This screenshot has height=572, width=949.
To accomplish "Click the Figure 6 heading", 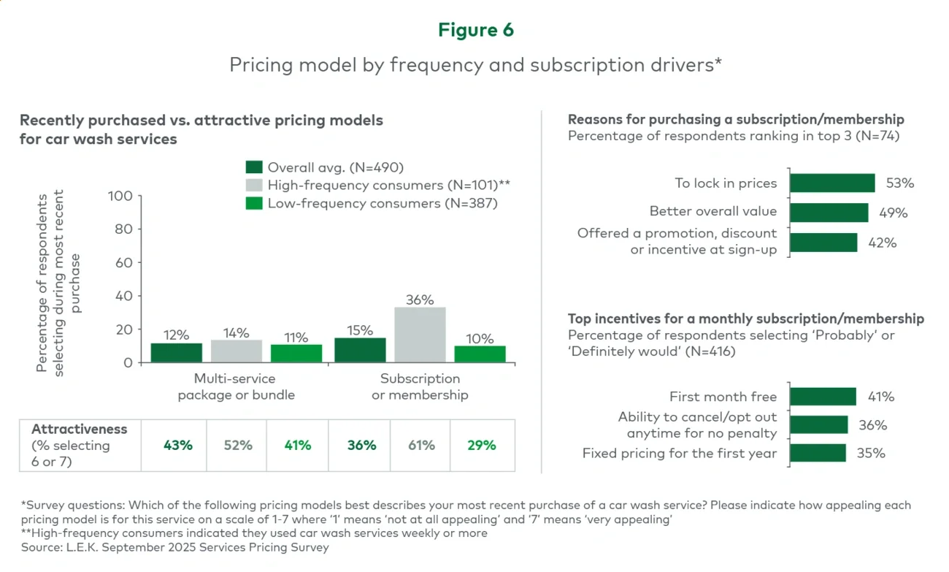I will point(475,30).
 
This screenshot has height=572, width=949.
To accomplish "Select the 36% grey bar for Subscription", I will point(420,335).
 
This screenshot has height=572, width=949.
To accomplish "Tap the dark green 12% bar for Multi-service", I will point(176,353).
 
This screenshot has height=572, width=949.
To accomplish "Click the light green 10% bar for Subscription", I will point(480,354).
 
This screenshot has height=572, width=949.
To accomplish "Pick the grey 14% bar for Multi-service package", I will point(236,351).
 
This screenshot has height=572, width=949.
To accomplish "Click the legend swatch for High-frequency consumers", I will point(253,185).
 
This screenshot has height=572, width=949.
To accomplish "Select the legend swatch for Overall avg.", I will point(253,167).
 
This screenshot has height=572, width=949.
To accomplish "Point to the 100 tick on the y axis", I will point(120,196).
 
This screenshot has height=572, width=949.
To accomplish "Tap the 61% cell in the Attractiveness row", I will point(421,446).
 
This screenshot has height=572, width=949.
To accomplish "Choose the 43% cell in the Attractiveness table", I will point(177,446).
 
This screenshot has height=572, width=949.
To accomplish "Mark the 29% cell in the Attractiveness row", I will point(481,446).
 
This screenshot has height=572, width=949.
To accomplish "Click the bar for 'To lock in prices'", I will point(831,183).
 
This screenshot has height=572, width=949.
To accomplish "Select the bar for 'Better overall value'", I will point(829,213).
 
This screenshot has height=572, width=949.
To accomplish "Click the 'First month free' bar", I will point(822,397).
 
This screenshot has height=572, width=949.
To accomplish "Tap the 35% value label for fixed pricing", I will point(870,454).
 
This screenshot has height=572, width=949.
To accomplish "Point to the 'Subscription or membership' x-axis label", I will point(420,386).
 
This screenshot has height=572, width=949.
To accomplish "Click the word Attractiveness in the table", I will point(80,430).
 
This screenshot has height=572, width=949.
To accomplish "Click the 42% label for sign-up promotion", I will point(882,243).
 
